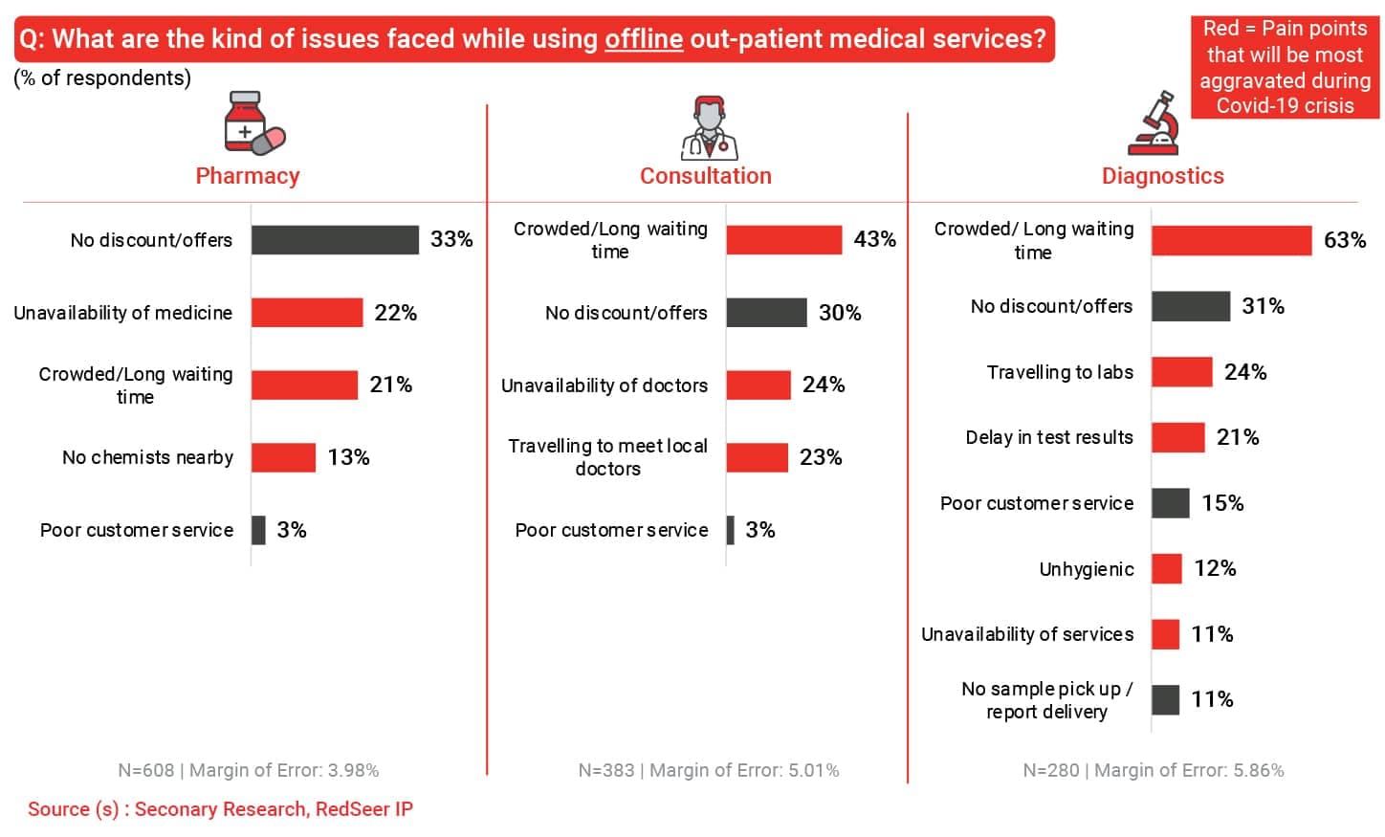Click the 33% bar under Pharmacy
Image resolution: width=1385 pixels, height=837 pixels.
(x=335, y=240)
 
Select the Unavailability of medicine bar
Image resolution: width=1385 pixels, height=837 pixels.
(x=307, y=313)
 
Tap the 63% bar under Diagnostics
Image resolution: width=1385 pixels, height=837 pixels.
(x=1231, y=241)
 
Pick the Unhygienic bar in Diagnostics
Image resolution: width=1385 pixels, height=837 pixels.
(x=1167, y=569)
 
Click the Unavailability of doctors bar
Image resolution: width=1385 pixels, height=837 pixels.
(x=758, y=385)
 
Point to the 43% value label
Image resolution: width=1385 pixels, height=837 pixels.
(x=874, y=239)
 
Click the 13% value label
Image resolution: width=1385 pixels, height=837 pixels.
(x=348, y=458)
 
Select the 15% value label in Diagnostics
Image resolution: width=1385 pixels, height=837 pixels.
(x=1222, y=503)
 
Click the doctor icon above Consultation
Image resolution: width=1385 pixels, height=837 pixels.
(x=709, y=128)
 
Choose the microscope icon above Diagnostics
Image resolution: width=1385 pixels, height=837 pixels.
(x=1155, y=123)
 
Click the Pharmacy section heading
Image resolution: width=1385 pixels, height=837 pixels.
(x=248, y=176)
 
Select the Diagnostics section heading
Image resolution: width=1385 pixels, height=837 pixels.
(x=1162, y=176)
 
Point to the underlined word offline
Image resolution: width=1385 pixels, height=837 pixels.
(x=643, y=39)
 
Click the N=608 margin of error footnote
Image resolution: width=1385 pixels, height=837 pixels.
(x=249, y=771)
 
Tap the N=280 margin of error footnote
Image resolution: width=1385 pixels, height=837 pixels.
(x=1153, y=771)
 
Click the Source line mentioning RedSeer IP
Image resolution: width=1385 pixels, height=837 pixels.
(x=220, y=809)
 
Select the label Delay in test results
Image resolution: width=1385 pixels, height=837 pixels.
(x=1048, y=438)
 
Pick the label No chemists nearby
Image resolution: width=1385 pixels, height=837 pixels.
(x=147, y=458)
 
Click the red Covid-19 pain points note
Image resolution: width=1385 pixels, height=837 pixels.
(x=1285, y=67)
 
